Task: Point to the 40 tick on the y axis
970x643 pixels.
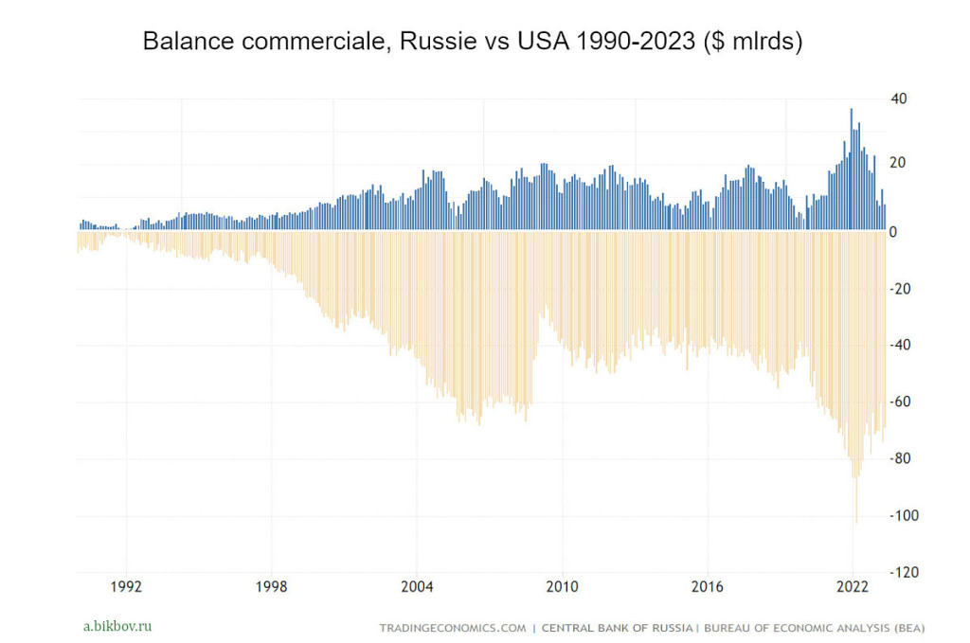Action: (x=899, y=98)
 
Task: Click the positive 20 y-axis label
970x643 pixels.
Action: (x=899, y=162)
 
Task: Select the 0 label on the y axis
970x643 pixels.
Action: (x=894, y=232)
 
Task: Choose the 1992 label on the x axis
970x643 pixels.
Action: (x=126, y=586)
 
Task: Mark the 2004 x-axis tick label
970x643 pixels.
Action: (x=417, y=586)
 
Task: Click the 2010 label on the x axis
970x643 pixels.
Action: (x=563, y=586)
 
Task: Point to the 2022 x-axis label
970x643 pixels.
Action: (x=853, y=586)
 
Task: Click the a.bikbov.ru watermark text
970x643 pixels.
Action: (x=117, y=626)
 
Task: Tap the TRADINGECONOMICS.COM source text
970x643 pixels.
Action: (x=452, y=627)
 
